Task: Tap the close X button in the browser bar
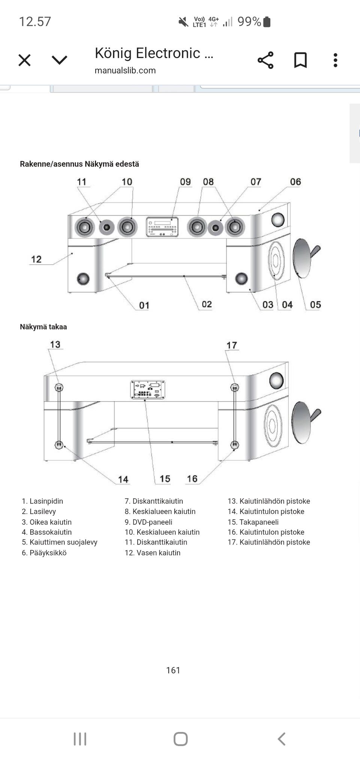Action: tap(24, 60)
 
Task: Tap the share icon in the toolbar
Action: tap(265, 60)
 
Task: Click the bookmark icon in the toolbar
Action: tap(300, 60)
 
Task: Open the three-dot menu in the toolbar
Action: tap(335, 60)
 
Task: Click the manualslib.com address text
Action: tap(125, 70)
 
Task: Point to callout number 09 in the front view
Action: tap(185, 182)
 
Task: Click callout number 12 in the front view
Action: tap(36, 259)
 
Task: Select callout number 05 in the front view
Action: tap(315, 304)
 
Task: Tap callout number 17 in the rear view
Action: tap(232, 345)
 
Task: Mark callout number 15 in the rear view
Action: tap(165, 479)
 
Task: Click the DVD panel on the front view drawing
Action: tap(162, 227)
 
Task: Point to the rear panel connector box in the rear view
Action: tap(148, 390)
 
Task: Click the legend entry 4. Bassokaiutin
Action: tap(46, 532)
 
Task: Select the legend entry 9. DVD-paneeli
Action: tap(148, 522)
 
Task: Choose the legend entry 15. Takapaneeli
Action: tap(253, 522)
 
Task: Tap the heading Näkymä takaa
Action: tap(43, 327)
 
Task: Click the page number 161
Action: tap(173, 670)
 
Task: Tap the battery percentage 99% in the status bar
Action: tap(249, 22)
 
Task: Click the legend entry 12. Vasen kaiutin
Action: tap(153, 553)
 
